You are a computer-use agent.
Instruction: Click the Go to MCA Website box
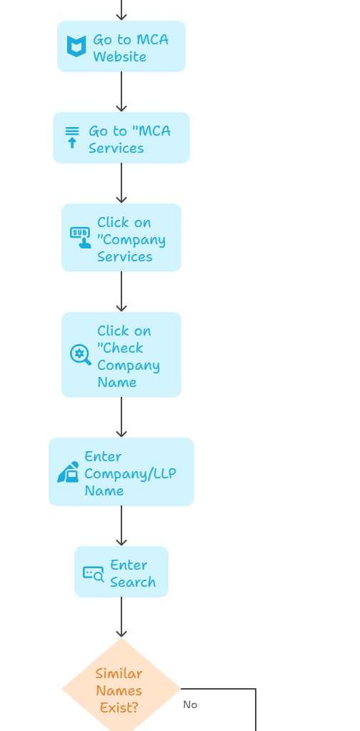[121, 46]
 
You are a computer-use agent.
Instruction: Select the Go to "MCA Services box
[121, 138]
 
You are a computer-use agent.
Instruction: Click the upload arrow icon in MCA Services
[72, 138]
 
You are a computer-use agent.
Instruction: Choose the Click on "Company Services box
[121, 238]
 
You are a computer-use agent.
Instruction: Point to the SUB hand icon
[81, 238]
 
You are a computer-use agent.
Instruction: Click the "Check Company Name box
[121, 355]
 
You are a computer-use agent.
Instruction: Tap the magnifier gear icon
[81, 355]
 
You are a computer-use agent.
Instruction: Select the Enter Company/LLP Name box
[121, 472]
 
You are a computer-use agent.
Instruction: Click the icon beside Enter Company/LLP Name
[68, 472]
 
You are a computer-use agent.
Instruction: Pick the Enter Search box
[121, 572]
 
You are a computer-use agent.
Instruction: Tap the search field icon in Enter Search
[94, 573]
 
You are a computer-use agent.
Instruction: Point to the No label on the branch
[190, 705]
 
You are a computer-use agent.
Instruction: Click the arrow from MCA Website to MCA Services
[121, 92]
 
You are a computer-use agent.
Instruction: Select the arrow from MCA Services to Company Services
[121, 183]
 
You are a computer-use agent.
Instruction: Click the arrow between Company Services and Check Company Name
[121, 292]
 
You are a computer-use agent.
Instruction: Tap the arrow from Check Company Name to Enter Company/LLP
[121, 418]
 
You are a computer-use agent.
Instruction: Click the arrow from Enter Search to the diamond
[121, 617]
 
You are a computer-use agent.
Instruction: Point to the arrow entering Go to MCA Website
[121, 10]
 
